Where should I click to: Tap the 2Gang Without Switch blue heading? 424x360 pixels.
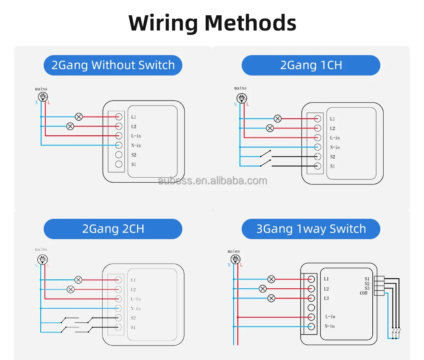click(113, 65)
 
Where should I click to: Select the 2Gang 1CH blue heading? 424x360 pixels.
click(311, 65)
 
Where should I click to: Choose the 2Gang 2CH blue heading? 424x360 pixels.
click(113, 229)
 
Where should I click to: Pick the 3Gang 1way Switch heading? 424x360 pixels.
click(311, 229)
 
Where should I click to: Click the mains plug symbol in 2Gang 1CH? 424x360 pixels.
click(240, 97)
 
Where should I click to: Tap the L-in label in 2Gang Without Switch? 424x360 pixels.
click(136, 136)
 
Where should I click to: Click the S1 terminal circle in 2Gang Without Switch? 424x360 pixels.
click(119, 164)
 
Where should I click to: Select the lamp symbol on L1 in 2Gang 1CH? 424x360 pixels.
click(277, 119)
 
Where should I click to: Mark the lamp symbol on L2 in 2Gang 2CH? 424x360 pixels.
click(71, 289)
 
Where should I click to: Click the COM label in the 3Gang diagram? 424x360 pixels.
click(364, 293)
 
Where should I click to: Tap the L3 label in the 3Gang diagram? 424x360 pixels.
click(326, 298)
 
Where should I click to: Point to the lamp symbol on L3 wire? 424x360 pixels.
click(271, 298)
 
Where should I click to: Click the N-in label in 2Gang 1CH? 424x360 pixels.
click(335, 148)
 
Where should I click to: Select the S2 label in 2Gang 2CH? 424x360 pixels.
click(133, 318)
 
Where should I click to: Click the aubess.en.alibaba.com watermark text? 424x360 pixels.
click(212, 181)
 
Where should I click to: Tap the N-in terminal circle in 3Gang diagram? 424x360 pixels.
click(311, 326)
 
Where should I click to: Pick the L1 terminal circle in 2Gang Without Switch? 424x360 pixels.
click(119, 117)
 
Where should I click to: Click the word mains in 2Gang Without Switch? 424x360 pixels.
click(41, 89)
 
